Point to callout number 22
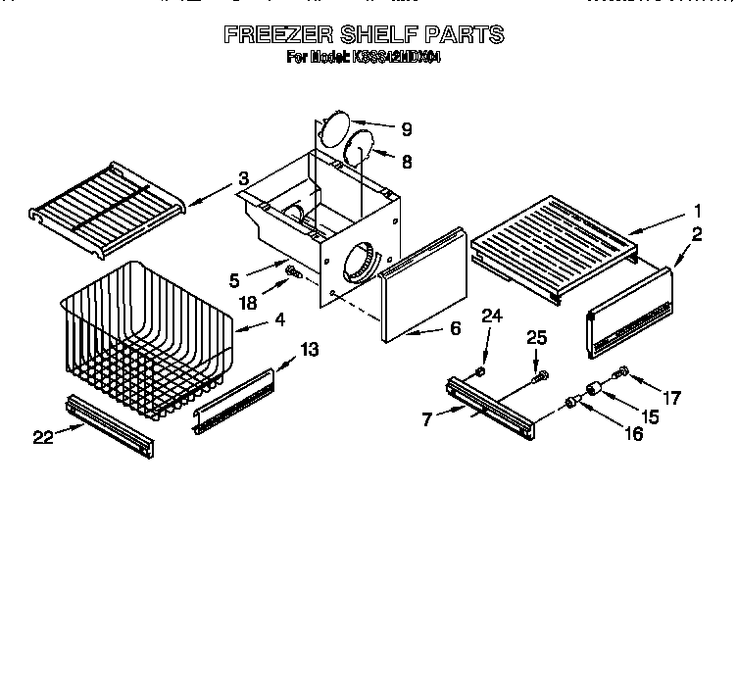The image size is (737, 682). click(x=42, y=438)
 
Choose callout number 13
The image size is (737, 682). click(x=309, y=349)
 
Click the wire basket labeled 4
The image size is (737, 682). click(x=147, y=338)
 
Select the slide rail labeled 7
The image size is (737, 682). click(x=490, y=403)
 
